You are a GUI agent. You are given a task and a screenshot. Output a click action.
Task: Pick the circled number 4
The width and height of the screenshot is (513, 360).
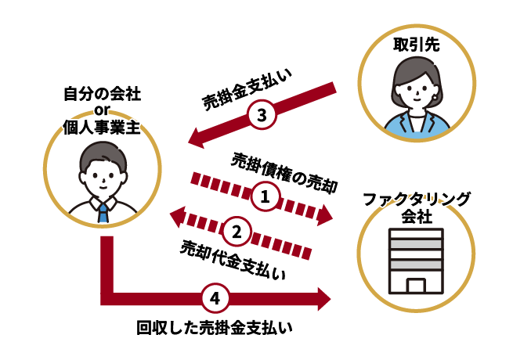click(x=215, y=297)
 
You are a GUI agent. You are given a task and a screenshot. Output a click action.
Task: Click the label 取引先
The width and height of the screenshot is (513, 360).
click(x=416, y=47)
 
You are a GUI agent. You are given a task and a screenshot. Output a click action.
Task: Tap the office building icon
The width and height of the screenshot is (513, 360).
click(x=416, y=262)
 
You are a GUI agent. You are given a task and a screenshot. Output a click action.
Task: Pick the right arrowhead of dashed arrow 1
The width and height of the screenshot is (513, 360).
click(x=326, y=216)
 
